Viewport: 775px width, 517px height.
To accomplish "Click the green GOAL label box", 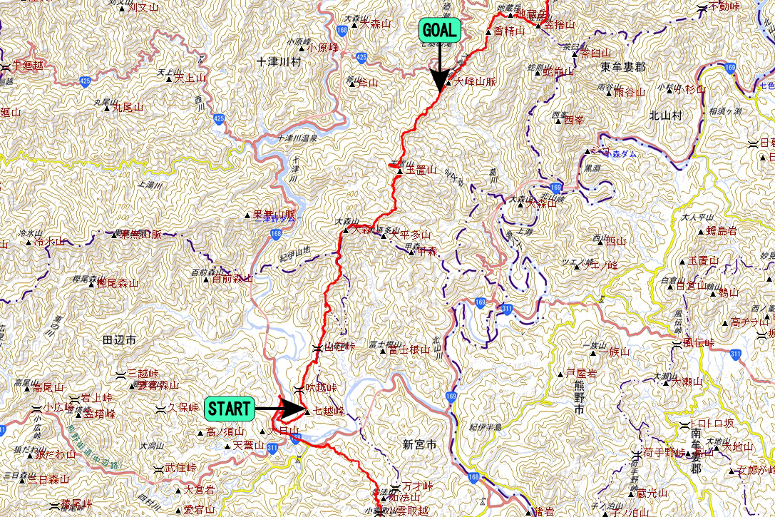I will tap(440, 31).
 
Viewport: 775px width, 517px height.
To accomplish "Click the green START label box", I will tap(229, 409).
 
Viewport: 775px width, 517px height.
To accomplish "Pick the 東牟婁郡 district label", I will tap(622, 67).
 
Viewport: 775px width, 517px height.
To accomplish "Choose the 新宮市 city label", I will tap(418, 444).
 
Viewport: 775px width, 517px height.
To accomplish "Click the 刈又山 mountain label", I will tap(141, 9).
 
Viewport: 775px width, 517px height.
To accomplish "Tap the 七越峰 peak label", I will tap(329, 411).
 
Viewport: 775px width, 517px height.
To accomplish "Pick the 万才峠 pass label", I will tap(418, 486).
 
